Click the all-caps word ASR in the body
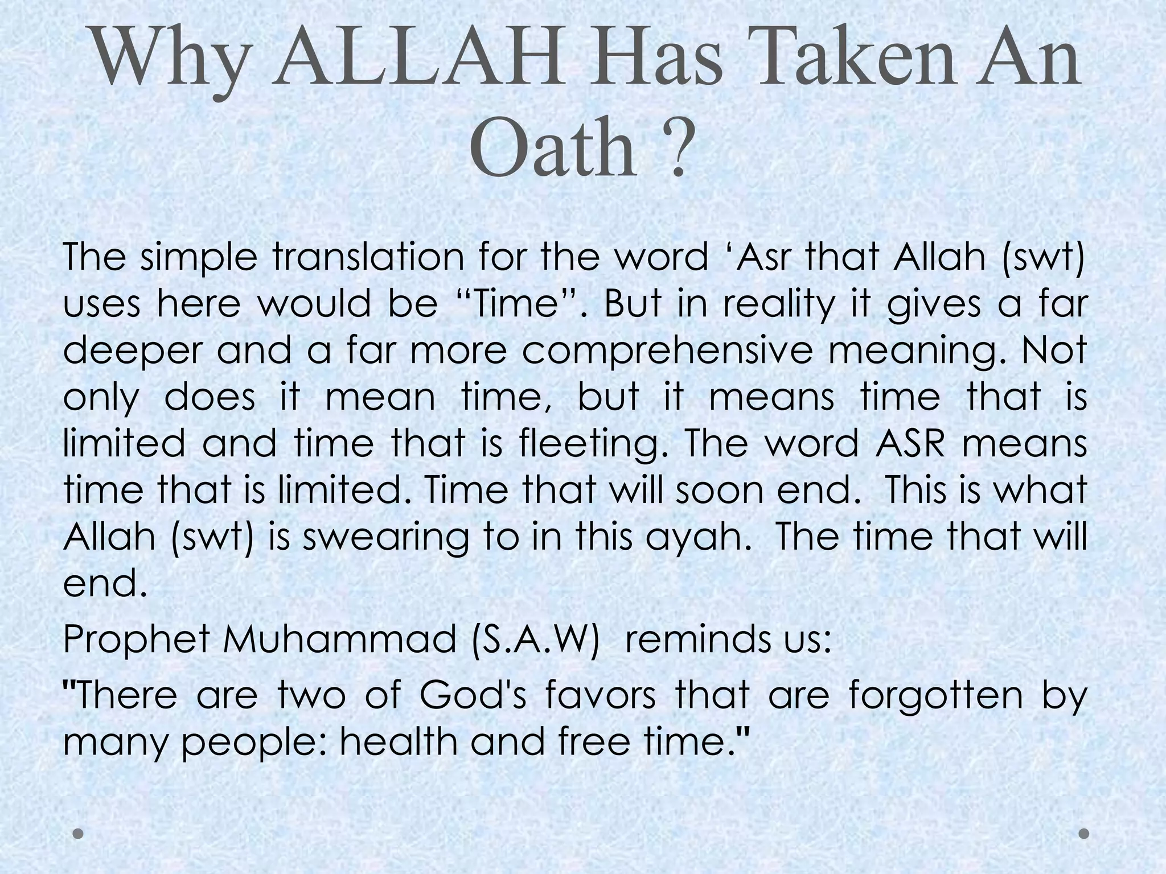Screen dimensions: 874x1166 point(909,444)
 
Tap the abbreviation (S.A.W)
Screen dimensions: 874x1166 point(536,639)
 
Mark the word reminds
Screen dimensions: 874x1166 point(688,639)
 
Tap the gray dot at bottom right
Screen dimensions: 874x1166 point(1084,834)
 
